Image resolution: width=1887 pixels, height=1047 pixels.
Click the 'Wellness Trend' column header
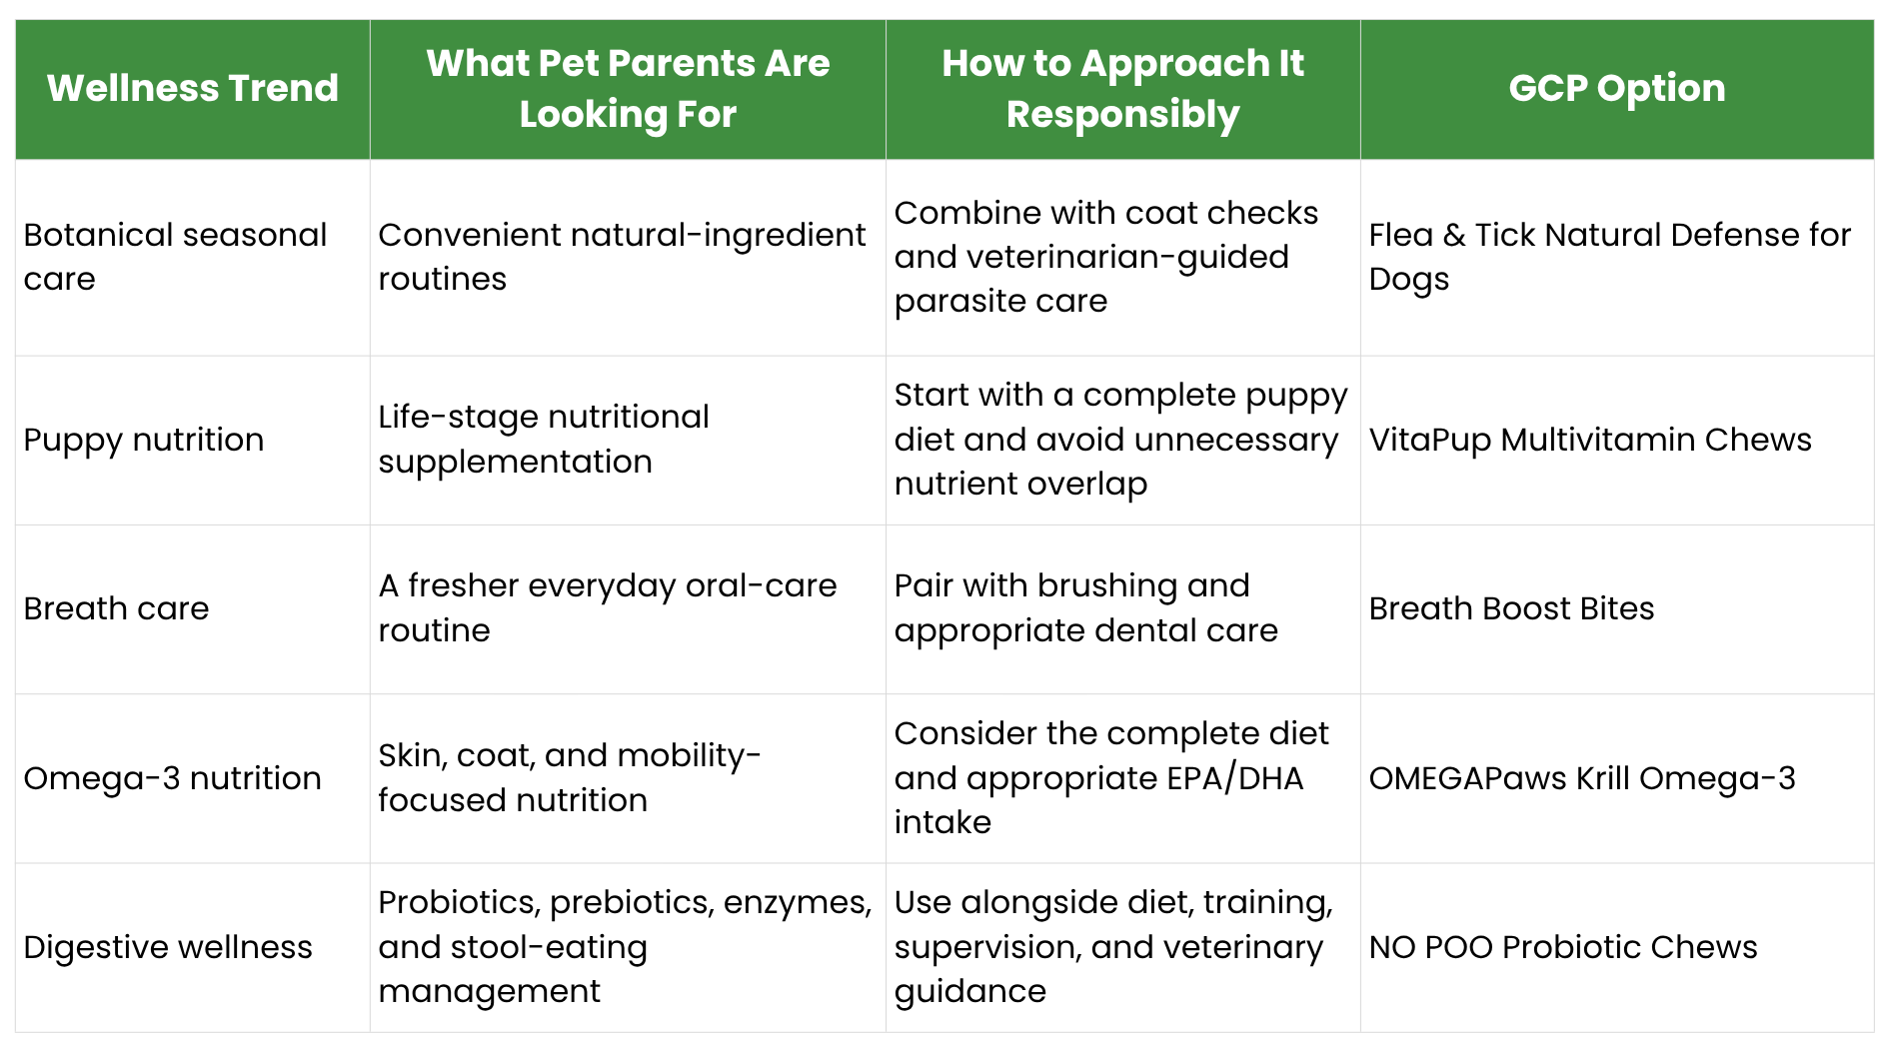click(x=193, y=88)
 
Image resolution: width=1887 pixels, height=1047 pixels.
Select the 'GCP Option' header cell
click(x=1617, y=88)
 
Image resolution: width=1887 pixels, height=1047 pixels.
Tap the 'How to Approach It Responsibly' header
click(x=1122, y=89)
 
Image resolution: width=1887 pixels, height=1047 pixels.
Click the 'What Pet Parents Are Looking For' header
click(x=628, y=89)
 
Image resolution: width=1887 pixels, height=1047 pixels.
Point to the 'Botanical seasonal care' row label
click(x=175, y=257)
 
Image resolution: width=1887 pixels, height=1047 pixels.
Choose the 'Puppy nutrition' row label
click(x=144, y=440)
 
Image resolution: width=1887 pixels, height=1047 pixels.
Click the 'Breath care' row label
click(x=116, y=608)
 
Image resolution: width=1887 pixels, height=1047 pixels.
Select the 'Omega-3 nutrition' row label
click(x=172, y=777)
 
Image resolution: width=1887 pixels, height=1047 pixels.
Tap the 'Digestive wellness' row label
click(x=168, y=946)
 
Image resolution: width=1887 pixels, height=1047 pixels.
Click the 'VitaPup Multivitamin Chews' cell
click(x=1590, y=440)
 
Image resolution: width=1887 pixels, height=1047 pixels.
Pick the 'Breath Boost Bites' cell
click(x=1511, y=608)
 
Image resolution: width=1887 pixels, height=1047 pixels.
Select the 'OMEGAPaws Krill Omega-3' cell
click(x=1582, y=777)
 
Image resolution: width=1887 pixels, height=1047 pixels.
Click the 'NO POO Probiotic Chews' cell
click(x=1563, y=946)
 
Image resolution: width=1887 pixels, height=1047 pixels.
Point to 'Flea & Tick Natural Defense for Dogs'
click(x=1610, y=257)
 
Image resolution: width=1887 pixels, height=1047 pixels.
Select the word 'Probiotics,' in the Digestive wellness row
click(x=460, y=903)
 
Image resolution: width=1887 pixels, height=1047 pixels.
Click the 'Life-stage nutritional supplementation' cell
click(x=544, y=440)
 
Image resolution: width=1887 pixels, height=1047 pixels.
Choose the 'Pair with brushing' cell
click(x=1085, y=607)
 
